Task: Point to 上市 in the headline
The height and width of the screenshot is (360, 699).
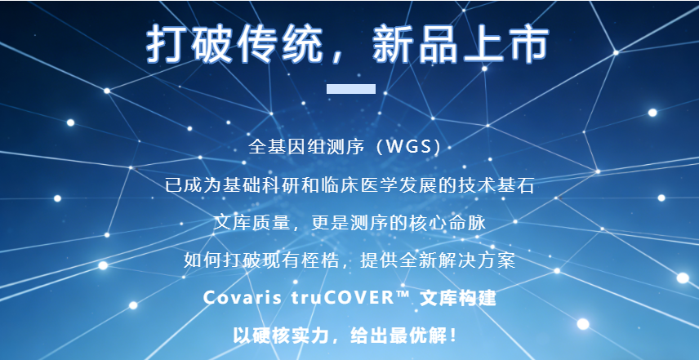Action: [x=504, y=46]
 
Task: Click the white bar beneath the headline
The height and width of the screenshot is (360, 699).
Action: [x=351, y=89]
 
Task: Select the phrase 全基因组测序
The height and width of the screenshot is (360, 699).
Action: [x=306, y=148]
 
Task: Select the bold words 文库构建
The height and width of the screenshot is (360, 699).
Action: [x=458, y=298]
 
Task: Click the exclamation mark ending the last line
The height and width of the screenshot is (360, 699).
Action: [x=453, y=336]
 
